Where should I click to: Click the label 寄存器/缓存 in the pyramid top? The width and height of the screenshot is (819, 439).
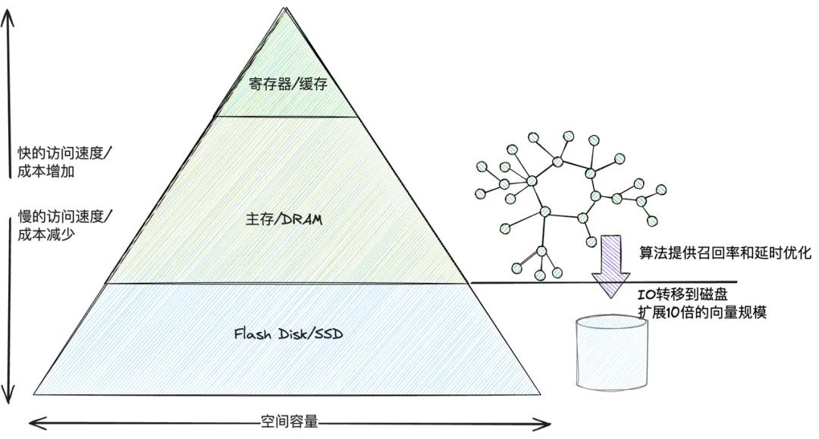[288, 83]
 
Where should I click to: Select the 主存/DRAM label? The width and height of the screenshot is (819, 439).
[284, 219]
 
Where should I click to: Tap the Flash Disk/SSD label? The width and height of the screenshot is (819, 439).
[288, 334]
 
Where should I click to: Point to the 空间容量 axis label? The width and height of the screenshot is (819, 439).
[290, 422]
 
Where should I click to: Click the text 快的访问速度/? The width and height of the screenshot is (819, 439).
[64, 153]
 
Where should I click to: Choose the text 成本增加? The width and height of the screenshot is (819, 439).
[46, 171]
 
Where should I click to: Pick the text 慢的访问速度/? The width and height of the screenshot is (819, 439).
[64, 217]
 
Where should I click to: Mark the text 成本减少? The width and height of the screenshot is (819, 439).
[46, 234]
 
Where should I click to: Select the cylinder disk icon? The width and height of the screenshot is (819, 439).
[612, 353]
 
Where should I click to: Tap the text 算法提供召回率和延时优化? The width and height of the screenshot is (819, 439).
[726, 253]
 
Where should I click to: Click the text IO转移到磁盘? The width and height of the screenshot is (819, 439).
[683, 295]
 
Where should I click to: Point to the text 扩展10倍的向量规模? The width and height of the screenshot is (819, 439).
[702, 312]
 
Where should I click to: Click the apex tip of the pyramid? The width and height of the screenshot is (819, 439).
[285, 8]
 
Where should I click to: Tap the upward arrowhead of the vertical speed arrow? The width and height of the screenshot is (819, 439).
[8, 11]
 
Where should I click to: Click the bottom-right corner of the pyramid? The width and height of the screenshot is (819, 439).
[541, 394]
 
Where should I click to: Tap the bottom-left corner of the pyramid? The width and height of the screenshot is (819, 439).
[33, 394]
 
